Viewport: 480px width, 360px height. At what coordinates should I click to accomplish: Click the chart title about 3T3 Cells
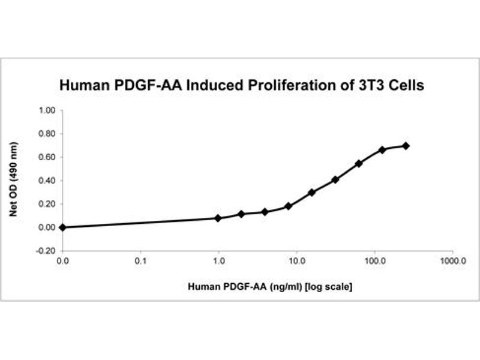[x=241, y=86]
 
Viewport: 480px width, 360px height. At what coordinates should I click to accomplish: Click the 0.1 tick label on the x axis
[x=140, y=262]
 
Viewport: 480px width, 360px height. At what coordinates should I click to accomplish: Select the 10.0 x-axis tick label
[x=296, y=262]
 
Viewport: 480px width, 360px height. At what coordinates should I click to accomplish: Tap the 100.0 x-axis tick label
[x=374, y=262]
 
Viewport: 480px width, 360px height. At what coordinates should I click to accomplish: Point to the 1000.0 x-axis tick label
[x=452, y=262]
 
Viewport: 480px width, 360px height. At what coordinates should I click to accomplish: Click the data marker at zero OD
[x=62, y=227]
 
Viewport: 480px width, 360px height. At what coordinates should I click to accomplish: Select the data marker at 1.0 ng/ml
[x=218, y=218]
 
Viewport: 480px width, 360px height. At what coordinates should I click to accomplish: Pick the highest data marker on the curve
[x=406, y=146]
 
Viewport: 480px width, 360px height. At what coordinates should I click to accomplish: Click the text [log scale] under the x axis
[x=329, y=287]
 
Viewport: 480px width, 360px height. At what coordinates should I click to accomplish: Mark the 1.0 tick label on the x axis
[x=218, y=262]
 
